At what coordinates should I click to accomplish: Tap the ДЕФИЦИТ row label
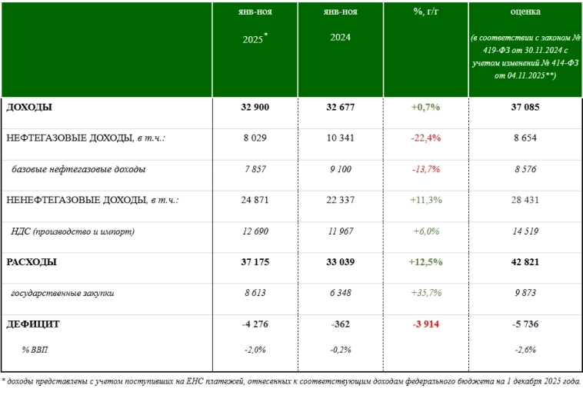pyautogui.click(x=33, y=324)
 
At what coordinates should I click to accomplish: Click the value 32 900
pyautogui.click(x=255, y=108)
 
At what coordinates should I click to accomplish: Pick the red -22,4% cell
pyautogui.click(x=425, y=138)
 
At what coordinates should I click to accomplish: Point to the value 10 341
pyautogui.click(x=341, y=138)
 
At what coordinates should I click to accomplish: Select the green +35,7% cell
pyautogui.click(x=425, y=294)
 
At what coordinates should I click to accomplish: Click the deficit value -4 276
pyautogui.click(x=255, y=324)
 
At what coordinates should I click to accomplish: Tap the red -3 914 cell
pyautogui.click(x=425, y=324)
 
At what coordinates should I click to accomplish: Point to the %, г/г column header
pyautogui.click(x=425, y=12)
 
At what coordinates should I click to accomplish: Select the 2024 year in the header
pyautogui.click(x=341, y=37)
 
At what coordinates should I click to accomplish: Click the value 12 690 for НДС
pyautogui.click(x=255, y=231)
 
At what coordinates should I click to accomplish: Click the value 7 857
pyautogui.click(x=255, y=169)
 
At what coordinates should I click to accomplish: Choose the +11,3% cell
pyautogui.click(x=425, y=201)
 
